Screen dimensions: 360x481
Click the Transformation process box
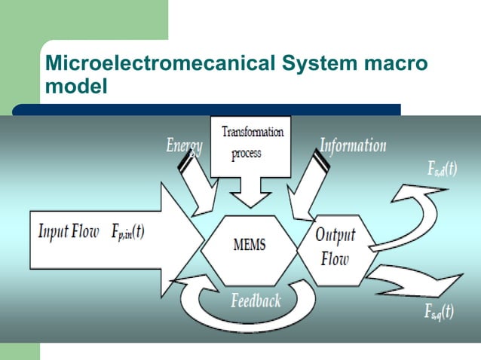pyautogui.click(x=252, y=143)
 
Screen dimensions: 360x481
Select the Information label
pyautogui.click(x=353, y=145)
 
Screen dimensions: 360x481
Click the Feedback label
pyautogui.click(x=256, y=301)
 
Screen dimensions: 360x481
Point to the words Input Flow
pyautogui.click(x=69, y=230)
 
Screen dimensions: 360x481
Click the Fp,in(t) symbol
pyautogui.click(x=127, y=231)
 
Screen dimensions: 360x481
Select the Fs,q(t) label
pyautogui.click(x=438, y=311)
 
